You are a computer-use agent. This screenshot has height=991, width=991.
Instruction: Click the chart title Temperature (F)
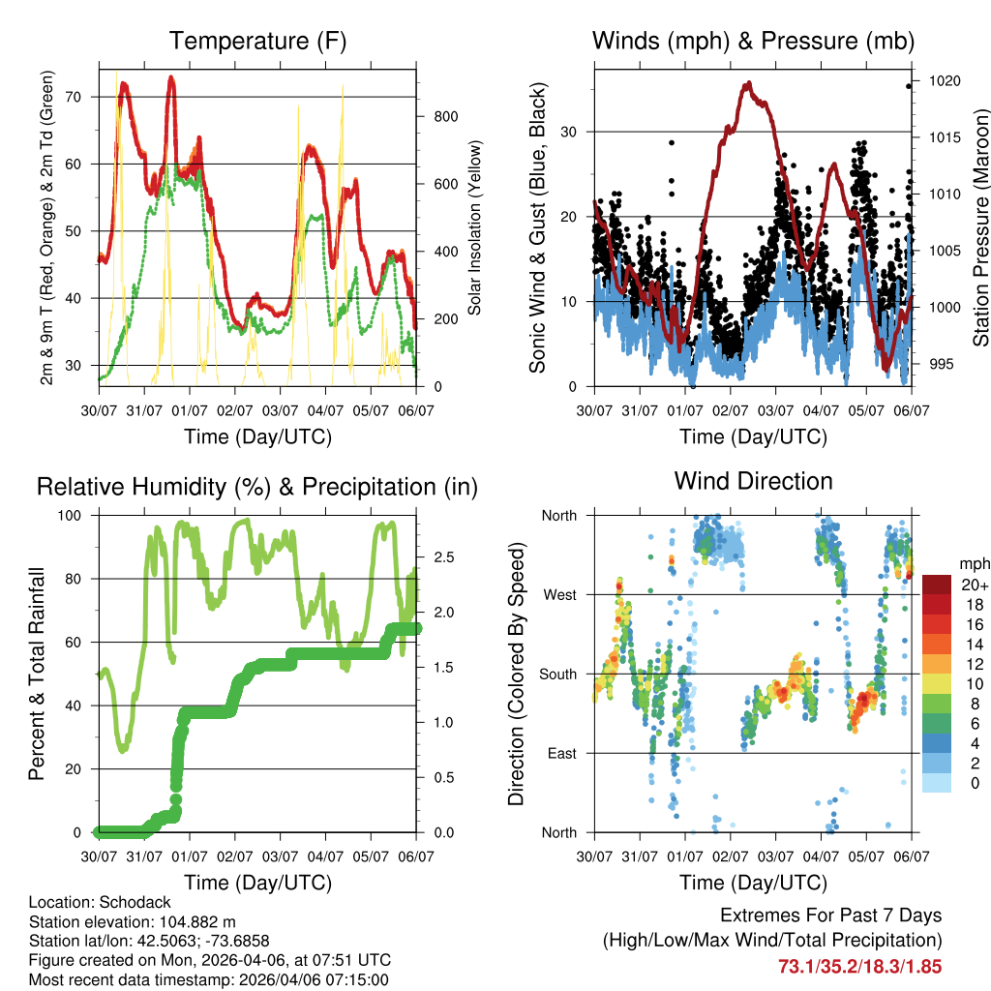click(257, 42)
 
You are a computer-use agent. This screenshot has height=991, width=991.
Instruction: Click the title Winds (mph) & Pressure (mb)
click(753, 42)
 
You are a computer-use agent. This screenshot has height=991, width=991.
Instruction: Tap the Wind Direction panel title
click(753, 481)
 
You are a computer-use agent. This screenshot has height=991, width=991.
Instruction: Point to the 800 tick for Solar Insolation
click(445, 117)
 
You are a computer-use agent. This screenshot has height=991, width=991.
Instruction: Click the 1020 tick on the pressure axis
click(943, 81)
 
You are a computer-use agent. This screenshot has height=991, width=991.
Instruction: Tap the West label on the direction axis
click(558, 594)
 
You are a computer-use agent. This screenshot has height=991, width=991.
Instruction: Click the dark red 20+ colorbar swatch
click(936, 585)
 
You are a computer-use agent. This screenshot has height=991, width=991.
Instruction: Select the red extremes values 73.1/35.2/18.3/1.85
click(859, 966)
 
